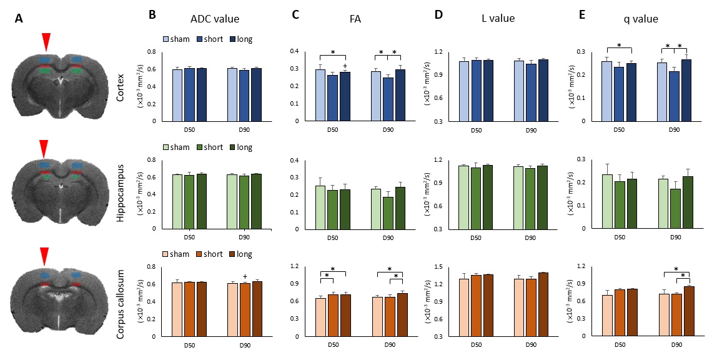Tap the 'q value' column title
[x=640, y=19]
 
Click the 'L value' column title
[x=497, y=19]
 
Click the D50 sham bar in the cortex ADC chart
[x=177, y=95]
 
